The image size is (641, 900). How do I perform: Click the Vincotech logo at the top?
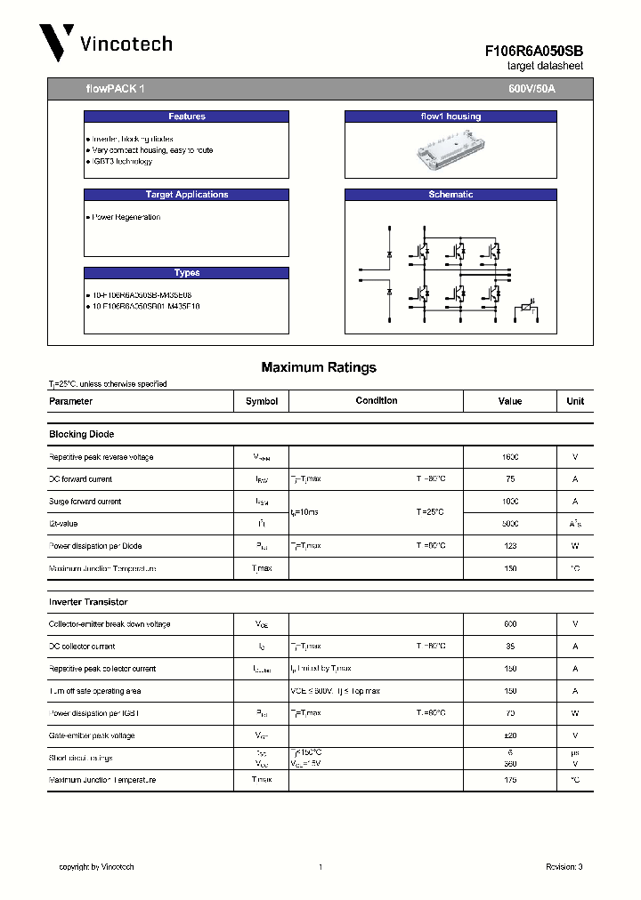105,43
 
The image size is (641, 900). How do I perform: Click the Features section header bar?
186,117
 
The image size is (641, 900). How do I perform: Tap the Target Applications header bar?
186,195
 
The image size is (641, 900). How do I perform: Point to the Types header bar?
186,273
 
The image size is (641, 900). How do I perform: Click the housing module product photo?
450,150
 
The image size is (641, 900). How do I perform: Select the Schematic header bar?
450,195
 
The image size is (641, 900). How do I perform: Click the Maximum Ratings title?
319,367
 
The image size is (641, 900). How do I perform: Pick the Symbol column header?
262,401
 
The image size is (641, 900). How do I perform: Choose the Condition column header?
377,401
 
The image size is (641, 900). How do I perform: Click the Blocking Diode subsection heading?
81,434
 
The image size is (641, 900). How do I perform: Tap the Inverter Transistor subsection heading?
88,602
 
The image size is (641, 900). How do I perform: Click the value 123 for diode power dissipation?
510,546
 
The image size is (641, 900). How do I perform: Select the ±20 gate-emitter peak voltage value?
510,735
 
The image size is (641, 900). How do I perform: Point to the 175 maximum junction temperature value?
510,780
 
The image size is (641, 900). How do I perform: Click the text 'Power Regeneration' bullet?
126,217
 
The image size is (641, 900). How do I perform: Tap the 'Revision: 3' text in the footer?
564,866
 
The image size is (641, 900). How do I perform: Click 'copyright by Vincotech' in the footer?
96,866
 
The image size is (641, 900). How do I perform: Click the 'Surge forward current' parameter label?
85,502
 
